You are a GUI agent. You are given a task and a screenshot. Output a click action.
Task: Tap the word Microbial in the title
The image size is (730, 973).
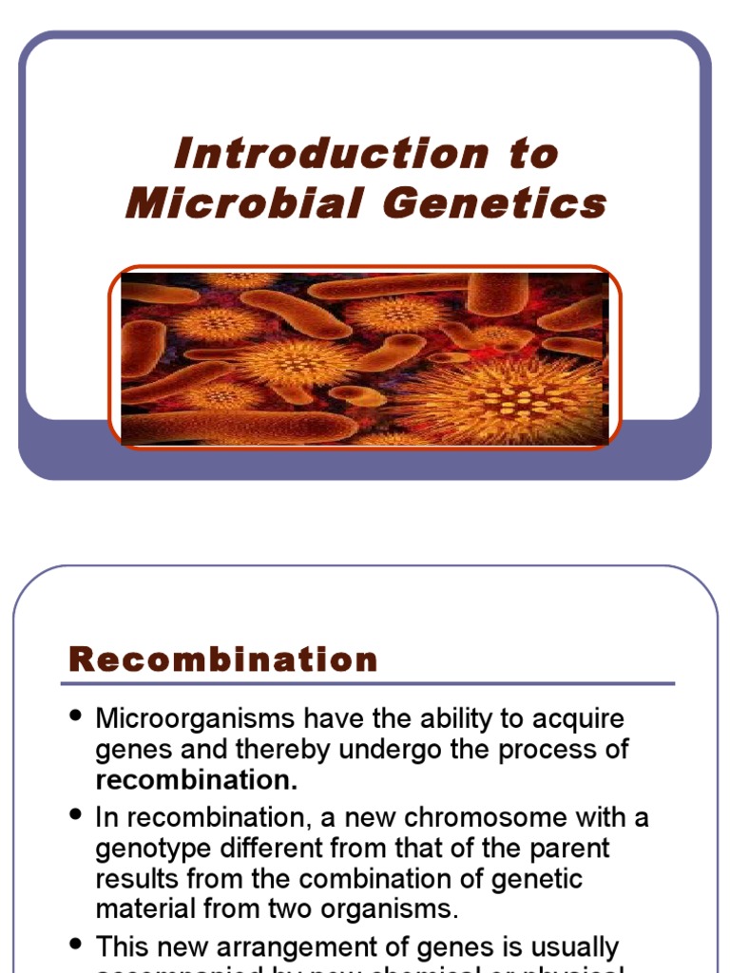[x=245, y=203]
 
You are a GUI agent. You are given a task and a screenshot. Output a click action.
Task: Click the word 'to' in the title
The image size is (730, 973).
[x=533, y=154]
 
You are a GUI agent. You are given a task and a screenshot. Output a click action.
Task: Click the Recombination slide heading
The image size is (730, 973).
[x=223, y=659]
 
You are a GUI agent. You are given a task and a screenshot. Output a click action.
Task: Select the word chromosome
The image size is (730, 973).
[x=508, y=817]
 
